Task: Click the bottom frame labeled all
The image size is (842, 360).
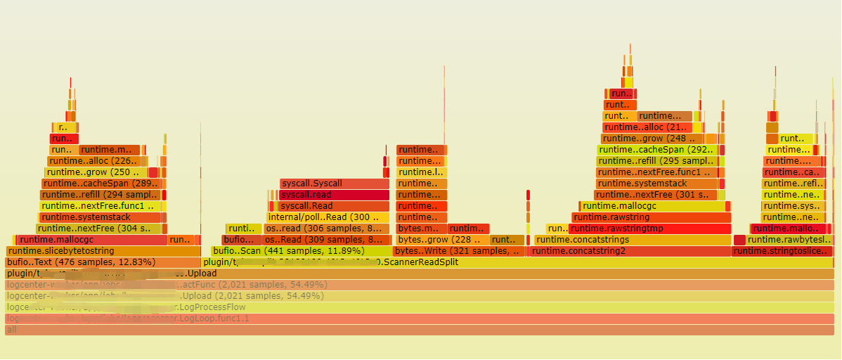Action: point(419,330)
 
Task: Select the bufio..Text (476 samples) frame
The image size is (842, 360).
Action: point(103,262)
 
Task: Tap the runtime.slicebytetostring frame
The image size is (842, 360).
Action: point(103,251)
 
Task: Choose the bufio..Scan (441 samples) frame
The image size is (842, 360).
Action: point(301,251)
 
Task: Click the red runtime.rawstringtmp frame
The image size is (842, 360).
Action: point(649,229)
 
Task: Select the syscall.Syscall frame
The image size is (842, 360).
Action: point(335,184)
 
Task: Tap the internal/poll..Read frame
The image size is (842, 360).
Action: point(328,217)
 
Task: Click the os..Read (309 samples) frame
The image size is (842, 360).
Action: point(326,240)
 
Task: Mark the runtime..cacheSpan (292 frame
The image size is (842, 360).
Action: point(657,150)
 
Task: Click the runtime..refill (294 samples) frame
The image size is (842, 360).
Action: point(101,195)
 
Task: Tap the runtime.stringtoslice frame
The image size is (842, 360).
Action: point(782,251)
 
